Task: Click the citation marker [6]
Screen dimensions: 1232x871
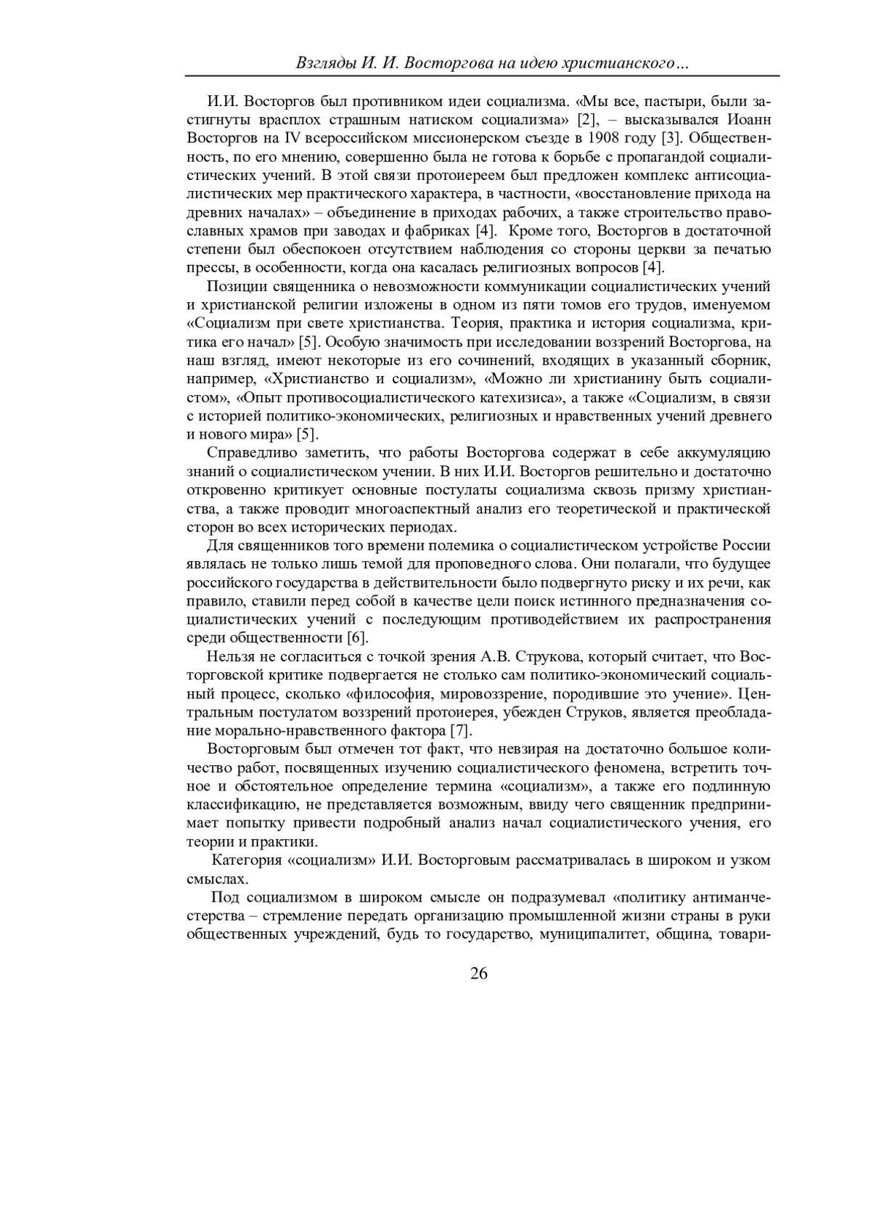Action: (x=357, y=638)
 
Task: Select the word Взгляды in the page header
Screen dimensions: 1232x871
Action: (x=325, y=64)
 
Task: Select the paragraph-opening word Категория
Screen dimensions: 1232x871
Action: (x=246, y=860)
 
